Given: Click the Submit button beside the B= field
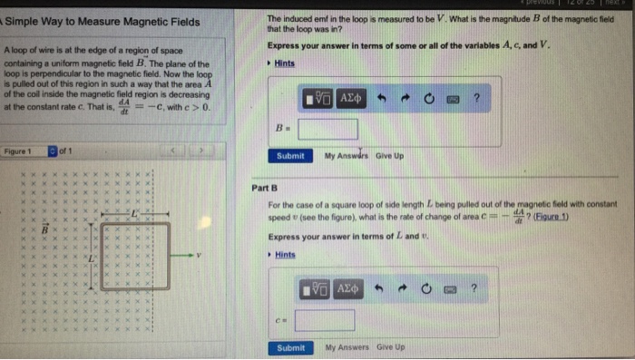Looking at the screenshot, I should click(x=290, y=156).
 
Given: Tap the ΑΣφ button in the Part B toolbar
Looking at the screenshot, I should click(x=349, y=288).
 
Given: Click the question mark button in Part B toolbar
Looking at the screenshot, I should click(x=474, y=288).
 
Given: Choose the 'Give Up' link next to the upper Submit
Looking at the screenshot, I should click(x=390, y=156).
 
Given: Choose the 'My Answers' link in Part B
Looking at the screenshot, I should click(x=346, y=347).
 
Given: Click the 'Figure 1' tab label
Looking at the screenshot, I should click(x=18, y=151).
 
